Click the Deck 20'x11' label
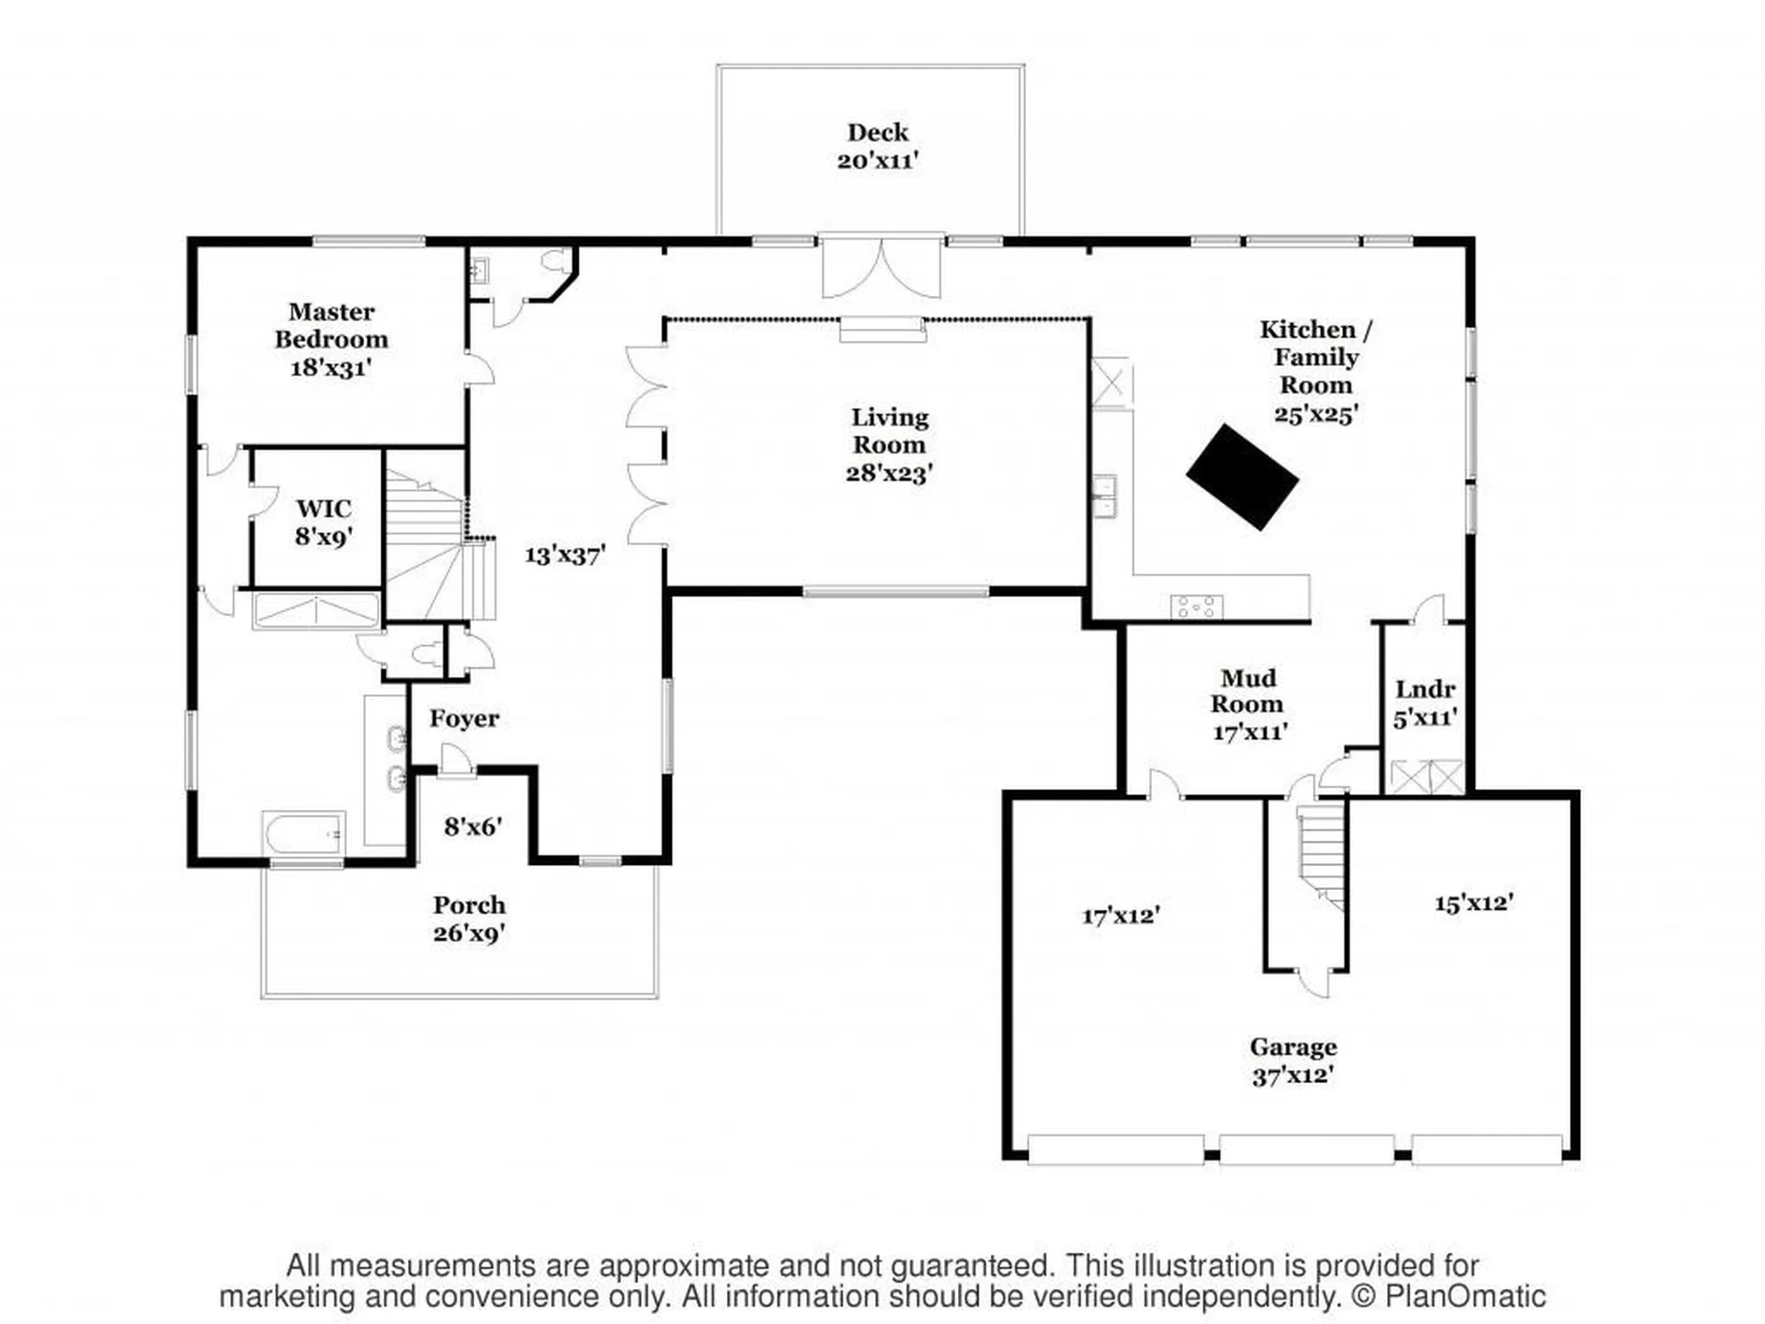(878, 146)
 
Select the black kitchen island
(1242, 476)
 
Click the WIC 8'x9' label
(324, 522)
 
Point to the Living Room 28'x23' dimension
(889, 474)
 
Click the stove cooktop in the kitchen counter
(1196, 607)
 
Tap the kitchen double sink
(1103, 497)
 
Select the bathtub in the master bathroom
(303, 833)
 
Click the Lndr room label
(1425, 690)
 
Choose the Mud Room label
(1247, 691)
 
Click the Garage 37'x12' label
(1292, 1060)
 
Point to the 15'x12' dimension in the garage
(1474, 903)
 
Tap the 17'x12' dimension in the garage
(1121, 916)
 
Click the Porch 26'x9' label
(469, 919)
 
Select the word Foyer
(464, 719)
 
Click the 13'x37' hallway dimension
(564, 555)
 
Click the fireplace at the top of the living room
(882, 329)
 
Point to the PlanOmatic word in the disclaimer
(1464, 1297)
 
